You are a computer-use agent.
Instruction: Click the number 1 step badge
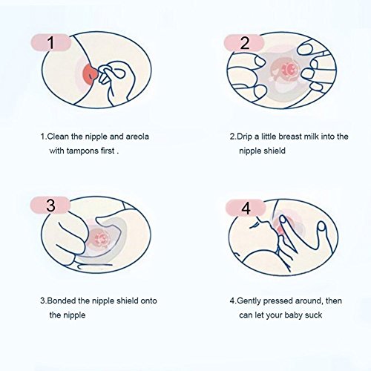pyautogui.click(x=51, y=42)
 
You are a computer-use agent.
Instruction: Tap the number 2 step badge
pyautogui.click(x=244, y=43)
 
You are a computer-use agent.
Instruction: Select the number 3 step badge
pyautogui.click(x=50, y=205)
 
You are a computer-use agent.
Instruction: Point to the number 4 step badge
pyautogui.click(x=246, y=208)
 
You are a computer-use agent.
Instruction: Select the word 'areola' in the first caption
pyautogui.click(x=137, y=137)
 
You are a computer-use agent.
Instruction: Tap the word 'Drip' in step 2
pyautogui.click(x=244, y=137)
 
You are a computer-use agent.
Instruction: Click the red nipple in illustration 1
pyautogui.click(x=90, y=72)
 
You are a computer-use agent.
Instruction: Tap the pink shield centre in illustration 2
pyautogui.click(x=287, y=68)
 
